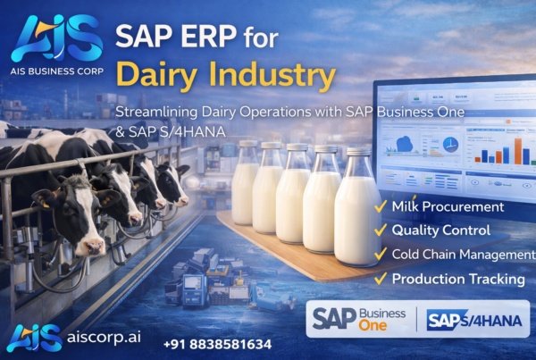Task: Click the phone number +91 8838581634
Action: pyautogui.click(x=216, y=343)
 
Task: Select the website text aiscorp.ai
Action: pyautogui.click(x=103, y=339)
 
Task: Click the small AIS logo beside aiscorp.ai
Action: pyautogui.click(x=34, y=338)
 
